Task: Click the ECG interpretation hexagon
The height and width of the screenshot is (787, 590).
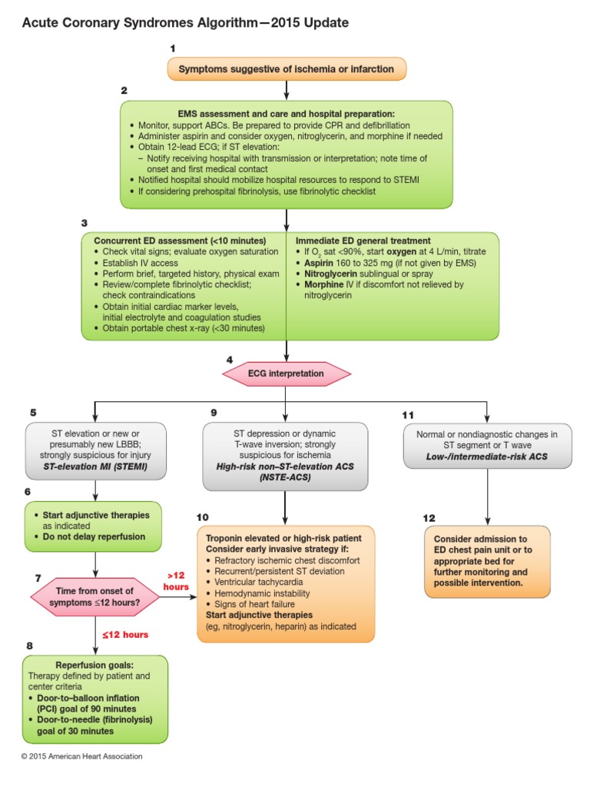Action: [x=286, y=374]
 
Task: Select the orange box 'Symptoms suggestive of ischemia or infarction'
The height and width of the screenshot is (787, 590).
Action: [x=286, y=69]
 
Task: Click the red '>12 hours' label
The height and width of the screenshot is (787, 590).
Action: [x=174, y=581]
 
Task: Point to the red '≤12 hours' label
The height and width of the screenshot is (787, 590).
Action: [x=125, y=635]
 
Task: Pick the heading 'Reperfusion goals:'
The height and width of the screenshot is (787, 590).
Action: [x=94, y=665]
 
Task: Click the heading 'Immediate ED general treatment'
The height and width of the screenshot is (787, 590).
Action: [x=363, y=241]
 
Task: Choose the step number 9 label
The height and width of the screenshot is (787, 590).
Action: [x=214, y=413]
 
